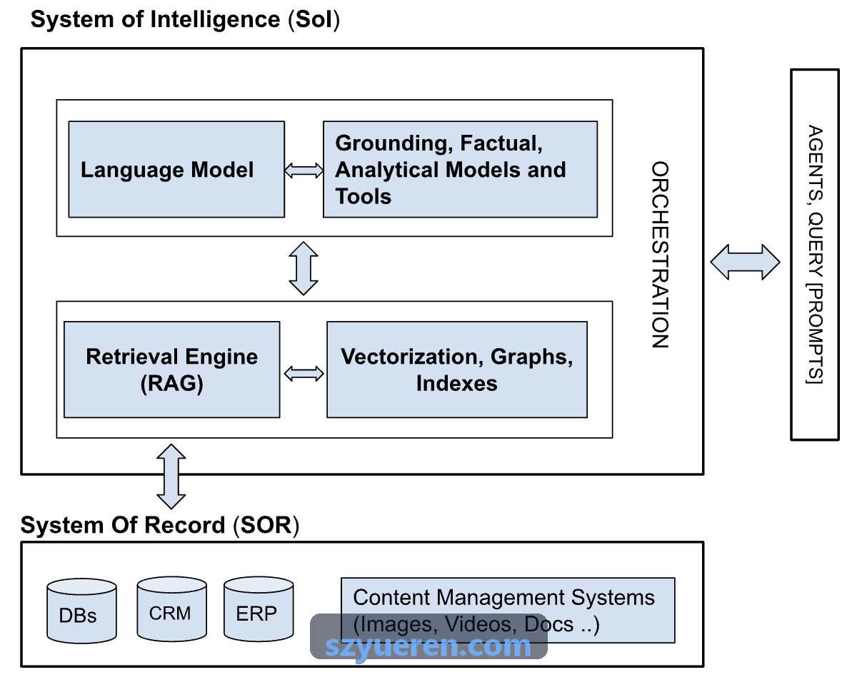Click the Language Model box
(176, 170)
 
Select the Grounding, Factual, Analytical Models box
(460, 170)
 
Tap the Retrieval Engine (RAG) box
(171, 370)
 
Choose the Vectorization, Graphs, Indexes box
(457, 370)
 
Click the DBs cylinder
(81, 611)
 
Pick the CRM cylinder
(171, 609)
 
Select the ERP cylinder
(259, 609)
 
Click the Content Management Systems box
(508, 611)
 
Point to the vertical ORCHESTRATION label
(660, 255)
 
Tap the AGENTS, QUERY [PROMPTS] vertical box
(815, 255)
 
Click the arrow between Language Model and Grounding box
(304, 170)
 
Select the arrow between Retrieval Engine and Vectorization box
(304, 374)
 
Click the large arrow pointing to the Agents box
(745, 263)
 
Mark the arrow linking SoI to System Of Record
(171, 477)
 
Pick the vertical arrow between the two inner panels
(304, 268)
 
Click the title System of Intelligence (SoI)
(185, 19)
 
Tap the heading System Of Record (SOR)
(160, 525)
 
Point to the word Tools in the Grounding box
(364, 196)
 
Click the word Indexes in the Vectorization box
(457, 383)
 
